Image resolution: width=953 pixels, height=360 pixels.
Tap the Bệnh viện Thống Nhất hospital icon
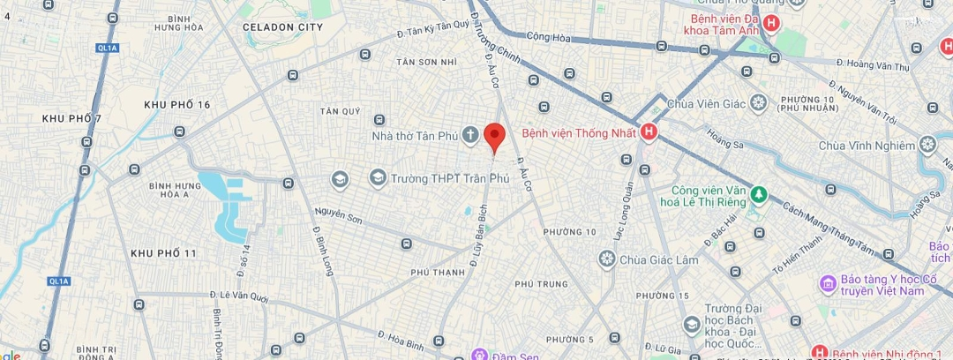pyautogui.click(x=649, y=133)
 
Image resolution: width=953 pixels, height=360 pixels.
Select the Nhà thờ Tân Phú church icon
pyautogui.click(x=470, y=135)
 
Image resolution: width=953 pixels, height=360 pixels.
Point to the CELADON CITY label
pyautogui.click(x=282, y=27)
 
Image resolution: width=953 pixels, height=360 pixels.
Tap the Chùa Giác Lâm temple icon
pyautogui.click(x=606, y=259)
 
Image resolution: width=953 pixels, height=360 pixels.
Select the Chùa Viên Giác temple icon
pyautogui.click(x=758, y=103)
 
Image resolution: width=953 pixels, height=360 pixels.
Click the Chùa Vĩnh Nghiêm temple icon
pyautogui.click(x=927, y=144)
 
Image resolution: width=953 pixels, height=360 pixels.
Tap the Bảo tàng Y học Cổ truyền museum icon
pyautogui.click(x=828, y=282)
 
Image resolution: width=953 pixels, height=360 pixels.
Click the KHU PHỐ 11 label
pyautogui.click(x=163, y=253)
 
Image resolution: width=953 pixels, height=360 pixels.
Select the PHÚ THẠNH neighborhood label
pyautogui.click(x=438, y=273)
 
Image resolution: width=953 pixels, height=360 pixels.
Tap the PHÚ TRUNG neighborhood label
pyautogui.click(x=540, y=283)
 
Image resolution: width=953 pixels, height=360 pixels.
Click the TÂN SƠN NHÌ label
pyautogui.click(x=427, y=62)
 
